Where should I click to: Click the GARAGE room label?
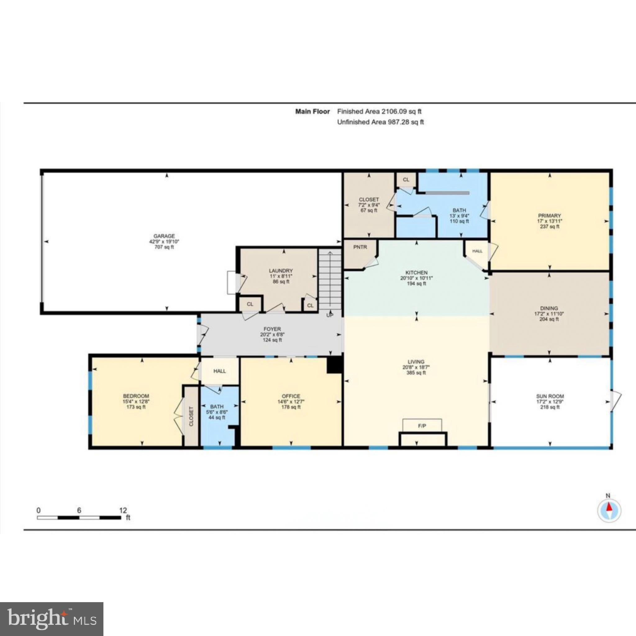164,236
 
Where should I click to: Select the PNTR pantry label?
360,247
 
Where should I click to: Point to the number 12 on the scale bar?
123,510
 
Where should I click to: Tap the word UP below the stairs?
329,315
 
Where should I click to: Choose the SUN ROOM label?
550,396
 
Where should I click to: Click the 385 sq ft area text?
416,373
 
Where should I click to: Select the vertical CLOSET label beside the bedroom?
191,416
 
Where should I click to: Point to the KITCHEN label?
416,273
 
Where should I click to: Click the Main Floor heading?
312,111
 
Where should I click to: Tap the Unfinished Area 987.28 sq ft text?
380,122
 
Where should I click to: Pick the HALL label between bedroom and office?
220,371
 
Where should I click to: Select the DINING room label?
549,308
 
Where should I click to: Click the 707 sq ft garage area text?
164,247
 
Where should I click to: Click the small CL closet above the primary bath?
406,180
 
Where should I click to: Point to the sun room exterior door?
615,401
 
